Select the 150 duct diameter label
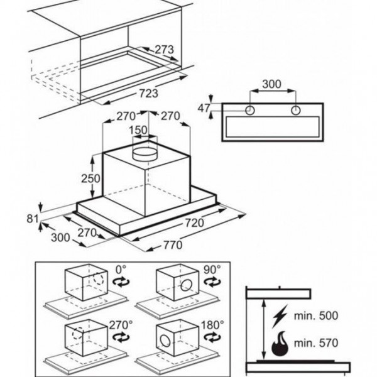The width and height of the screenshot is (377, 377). point(138,130)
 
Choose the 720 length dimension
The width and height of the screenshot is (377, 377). point(212,223)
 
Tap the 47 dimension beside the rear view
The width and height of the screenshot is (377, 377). point(203,109)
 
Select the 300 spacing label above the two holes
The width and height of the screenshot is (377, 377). point(272,84)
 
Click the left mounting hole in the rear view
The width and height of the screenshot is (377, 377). point(250,111)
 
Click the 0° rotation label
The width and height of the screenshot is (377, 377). point(120,271)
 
